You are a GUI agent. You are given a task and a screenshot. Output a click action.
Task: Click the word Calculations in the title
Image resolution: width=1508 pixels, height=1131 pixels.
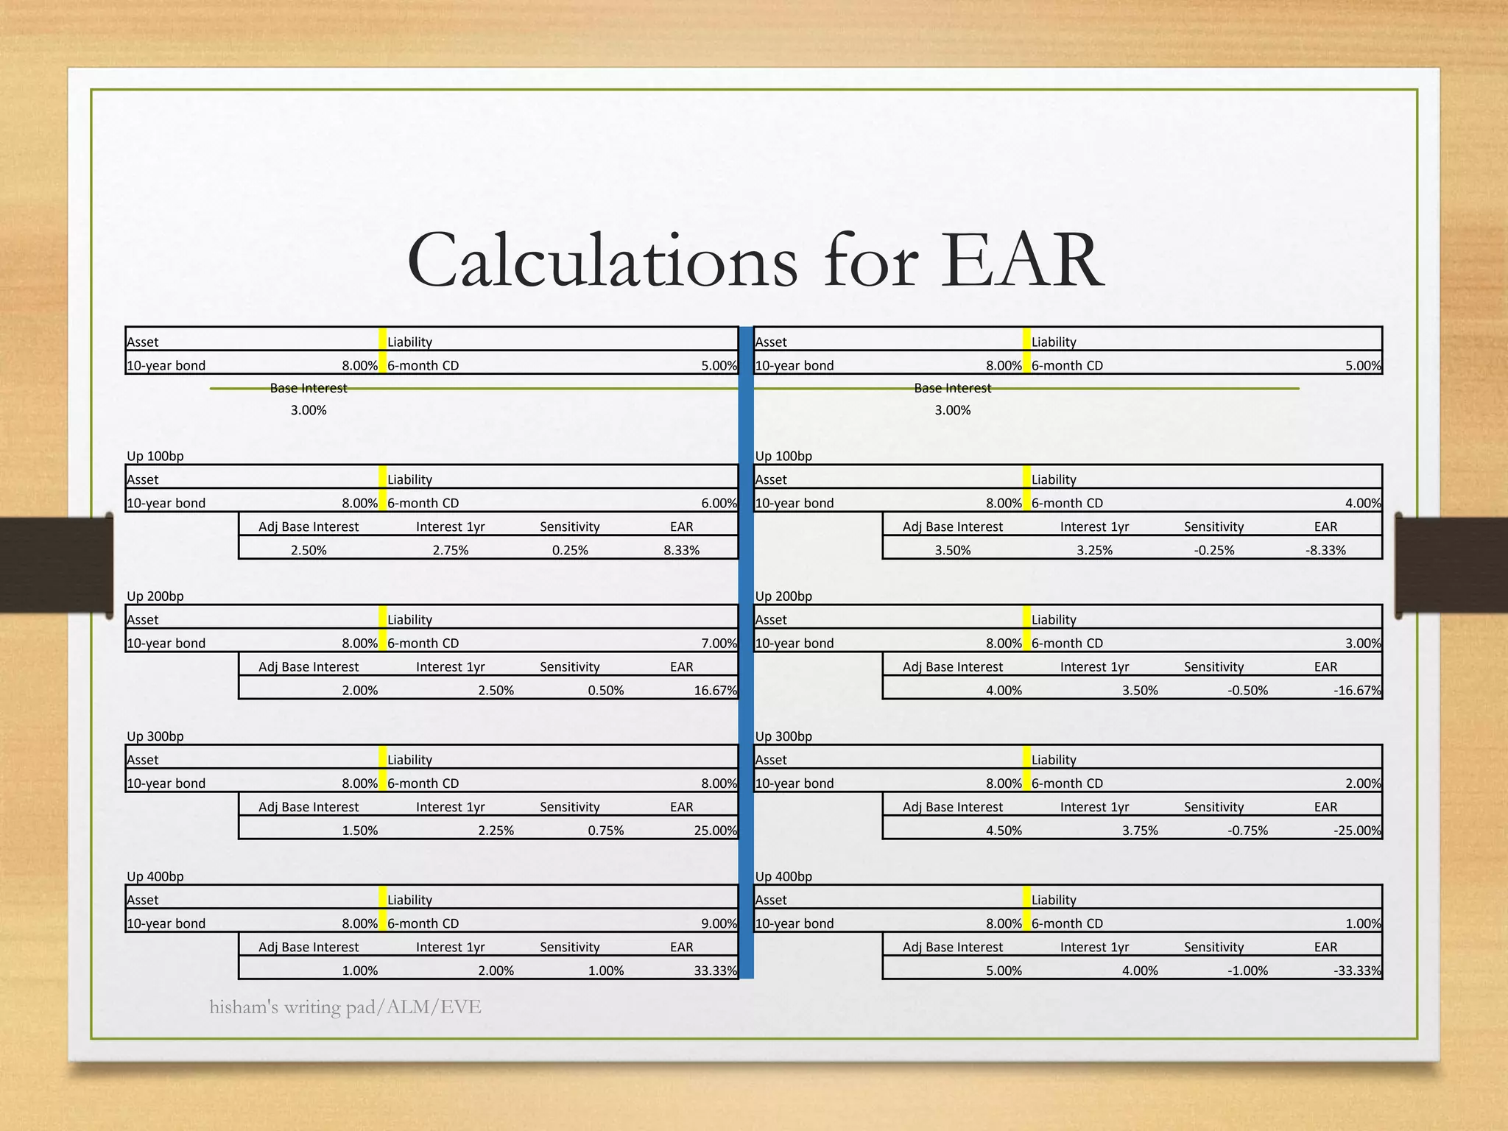[602, 261]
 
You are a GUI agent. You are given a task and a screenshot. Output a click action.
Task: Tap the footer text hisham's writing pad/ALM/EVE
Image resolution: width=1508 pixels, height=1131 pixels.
[345, 1007]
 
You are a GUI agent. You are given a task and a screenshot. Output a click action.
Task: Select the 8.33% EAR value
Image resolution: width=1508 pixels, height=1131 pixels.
[681, 550]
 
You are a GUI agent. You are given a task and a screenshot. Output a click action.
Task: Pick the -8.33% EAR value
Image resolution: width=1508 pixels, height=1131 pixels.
[1325, 550]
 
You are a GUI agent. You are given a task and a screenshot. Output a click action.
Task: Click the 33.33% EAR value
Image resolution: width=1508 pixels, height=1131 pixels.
[715, 970]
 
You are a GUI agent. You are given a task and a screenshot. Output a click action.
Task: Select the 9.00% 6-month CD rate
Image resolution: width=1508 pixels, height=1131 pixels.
[719, 923]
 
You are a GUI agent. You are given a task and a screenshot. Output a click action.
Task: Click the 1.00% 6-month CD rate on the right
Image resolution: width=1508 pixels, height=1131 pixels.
[1363, 923]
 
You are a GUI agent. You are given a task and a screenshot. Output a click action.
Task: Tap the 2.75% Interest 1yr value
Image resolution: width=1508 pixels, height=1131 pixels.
[451, 550]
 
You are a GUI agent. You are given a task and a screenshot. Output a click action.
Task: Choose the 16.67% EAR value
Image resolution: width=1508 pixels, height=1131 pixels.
[715, 690]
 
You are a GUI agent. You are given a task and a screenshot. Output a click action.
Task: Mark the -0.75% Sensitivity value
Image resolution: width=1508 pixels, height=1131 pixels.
[1247, 831]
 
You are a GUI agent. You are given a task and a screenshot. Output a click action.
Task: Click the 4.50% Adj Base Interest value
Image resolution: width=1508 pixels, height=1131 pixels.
[1004, 831]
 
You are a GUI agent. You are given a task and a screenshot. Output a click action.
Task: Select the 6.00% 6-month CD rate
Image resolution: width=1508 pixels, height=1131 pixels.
[719, 503]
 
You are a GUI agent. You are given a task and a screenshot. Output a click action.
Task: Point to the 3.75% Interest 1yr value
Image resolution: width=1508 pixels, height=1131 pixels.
[1140, 831]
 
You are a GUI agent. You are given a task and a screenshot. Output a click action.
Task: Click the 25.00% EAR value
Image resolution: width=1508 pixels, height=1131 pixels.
[715, 831]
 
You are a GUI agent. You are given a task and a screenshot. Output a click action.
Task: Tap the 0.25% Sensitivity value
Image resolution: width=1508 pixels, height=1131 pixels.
[570, 550]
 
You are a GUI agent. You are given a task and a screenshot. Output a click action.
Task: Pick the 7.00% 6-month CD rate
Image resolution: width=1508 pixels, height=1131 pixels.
[719, 643]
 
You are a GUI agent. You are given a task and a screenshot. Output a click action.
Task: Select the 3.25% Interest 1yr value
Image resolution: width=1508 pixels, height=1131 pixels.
[1094, 550]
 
